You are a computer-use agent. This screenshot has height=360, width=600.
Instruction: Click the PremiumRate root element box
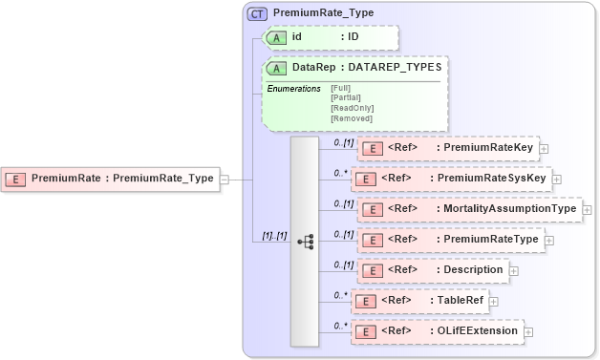click(111, 178)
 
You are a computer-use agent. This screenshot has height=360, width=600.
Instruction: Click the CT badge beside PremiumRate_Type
click(257, 13)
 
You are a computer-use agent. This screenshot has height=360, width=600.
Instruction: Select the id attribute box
click(329, 37)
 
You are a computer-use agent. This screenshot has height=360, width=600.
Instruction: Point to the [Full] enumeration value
click(341, 89)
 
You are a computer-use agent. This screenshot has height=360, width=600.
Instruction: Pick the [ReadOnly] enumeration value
click(352, 108)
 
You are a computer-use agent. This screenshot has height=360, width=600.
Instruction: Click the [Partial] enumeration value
click(346, 98)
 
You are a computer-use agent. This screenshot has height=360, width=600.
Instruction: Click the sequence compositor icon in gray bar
click(305, 242)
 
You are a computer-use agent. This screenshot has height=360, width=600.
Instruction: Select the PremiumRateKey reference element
click(447, 148)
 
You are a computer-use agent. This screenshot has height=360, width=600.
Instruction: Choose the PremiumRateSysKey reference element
click(450, 178)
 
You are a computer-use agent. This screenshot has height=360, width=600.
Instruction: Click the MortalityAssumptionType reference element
click(466, 208)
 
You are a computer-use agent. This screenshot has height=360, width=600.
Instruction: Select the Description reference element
click(432, 269)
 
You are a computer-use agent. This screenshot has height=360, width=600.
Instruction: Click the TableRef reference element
click(419, 301)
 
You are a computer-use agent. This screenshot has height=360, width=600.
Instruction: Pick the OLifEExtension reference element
click(437, 331)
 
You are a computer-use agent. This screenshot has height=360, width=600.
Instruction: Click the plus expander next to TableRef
click(496, 302)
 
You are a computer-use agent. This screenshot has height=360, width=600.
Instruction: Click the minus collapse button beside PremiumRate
click(225, 178)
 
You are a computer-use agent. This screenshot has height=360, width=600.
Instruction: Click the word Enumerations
click(293, 89)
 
